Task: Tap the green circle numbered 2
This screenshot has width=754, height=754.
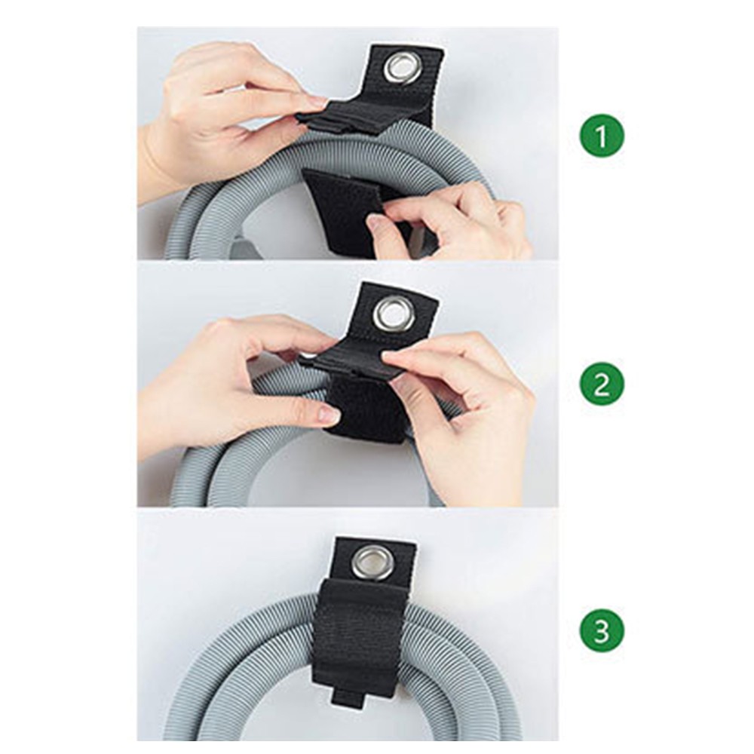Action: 602,385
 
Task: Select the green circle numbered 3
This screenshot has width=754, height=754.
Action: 602,631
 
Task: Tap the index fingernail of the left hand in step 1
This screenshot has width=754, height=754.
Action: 317,103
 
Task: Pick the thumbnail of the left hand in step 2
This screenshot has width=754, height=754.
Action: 329,412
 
